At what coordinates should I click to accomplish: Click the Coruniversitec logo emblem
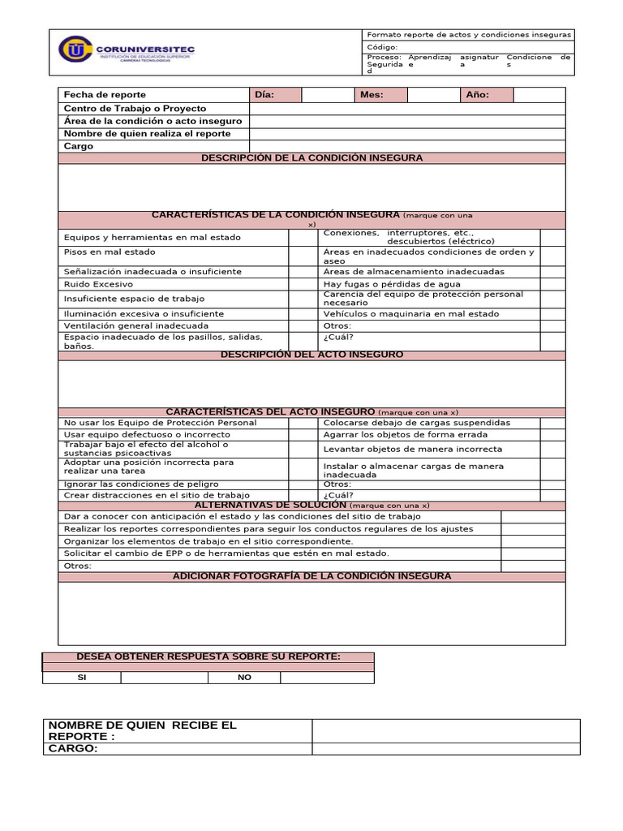[x=76, y=50]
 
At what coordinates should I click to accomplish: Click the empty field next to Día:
[x=326, y=95]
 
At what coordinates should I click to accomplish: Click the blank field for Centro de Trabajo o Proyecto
[x=407, y=109]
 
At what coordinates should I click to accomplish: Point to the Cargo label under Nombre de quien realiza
[x=79, y=147]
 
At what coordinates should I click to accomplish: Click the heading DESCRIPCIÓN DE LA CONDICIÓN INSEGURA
[x=311, y=158]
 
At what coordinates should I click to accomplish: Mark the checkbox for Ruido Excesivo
[x=303, y=285]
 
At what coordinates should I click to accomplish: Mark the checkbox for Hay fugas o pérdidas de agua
[x=552, y=285]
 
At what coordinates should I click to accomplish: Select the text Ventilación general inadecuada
[x=135, y=326]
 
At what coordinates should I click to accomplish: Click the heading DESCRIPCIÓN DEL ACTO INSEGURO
[x=311, y=355]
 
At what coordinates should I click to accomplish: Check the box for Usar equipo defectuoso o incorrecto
[x=303, y=435]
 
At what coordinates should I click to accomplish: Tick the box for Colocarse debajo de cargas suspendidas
[x=552, y=423]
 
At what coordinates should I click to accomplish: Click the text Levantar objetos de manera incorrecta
[x=412, y=449]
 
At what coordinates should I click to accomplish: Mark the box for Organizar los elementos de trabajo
[x=533, y=541]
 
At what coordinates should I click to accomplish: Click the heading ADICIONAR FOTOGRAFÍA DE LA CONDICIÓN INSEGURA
[x=311, y=577]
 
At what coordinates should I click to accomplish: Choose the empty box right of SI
[x=164, y=678]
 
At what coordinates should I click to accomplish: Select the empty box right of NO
[x=327, y=678]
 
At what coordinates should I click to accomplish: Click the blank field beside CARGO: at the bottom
[x=445, y=749]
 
